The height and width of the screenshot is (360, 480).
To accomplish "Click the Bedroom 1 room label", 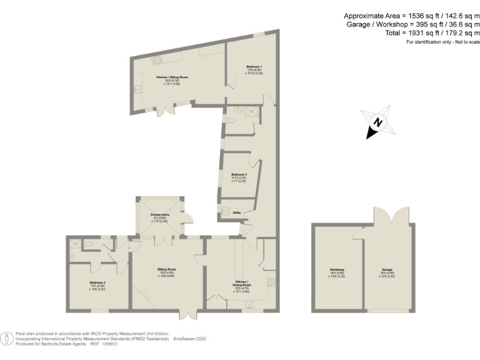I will [254, 66].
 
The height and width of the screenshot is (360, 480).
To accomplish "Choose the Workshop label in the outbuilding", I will [337, 270].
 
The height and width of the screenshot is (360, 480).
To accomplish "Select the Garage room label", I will [387, 270].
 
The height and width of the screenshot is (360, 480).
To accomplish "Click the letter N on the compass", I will [377, 122].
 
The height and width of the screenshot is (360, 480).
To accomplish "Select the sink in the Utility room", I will [224, 210].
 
